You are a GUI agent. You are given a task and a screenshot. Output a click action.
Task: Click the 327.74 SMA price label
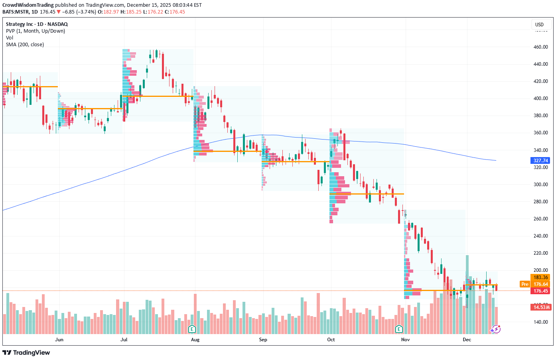click(540, 161)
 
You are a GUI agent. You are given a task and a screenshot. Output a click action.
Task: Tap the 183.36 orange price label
click(540, 277)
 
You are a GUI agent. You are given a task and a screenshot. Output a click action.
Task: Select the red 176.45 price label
click(540, 291)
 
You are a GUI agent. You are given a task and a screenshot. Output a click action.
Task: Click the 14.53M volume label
click(540, 307)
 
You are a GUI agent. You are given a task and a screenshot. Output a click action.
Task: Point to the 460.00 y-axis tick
click(540, 47)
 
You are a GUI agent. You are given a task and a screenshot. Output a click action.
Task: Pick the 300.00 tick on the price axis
click(540, 185)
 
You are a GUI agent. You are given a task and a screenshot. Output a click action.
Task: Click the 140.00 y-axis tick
click(540, 322)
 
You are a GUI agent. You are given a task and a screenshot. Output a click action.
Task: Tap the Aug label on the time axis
click(195, 340)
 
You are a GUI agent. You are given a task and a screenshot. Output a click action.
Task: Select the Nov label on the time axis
click(405, 340)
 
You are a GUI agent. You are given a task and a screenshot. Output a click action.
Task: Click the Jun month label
click(59, 340)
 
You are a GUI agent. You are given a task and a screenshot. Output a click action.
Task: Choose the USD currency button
click(539, 25)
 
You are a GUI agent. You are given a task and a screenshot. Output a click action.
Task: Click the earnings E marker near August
click(192, 329)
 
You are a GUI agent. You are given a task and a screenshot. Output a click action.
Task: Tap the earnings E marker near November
click(399, 329)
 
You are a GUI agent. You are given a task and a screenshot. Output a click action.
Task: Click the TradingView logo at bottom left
click(26, 352)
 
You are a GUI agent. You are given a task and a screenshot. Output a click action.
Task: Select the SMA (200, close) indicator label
click(25, 45)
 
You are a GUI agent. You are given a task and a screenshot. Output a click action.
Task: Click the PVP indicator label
click(35, 31)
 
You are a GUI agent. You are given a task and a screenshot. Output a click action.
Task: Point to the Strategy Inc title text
click(37, 24)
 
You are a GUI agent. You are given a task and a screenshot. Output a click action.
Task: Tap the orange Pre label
click(525, 284)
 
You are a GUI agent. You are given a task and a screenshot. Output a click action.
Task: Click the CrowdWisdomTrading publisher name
click(28, 5)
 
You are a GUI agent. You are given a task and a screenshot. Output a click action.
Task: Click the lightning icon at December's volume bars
click(496, 329)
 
